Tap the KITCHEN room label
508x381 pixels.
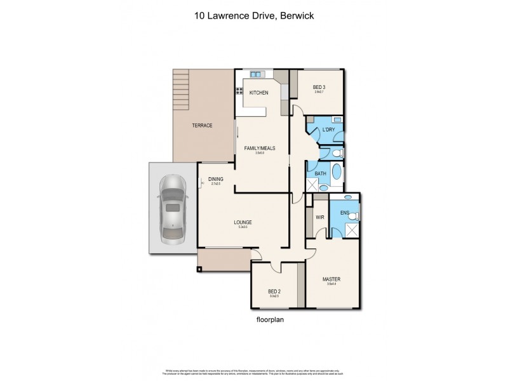[x=258, y=93]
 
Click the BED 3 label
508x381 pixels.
[x=319, y=87]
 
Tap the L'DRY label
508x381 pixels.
[x=328, y=130]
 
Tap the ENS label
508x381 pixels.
[x=345, y=212]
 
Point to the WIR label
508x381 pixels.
[x=320, y=218]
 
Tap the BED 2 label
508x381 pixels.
[x=274, y=291]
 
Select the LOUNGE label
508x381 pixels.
[x=243, y=222]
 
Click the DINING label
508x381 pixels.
[x=215, y=179]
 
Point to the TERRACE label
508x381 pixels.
[x=202, y=125]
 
